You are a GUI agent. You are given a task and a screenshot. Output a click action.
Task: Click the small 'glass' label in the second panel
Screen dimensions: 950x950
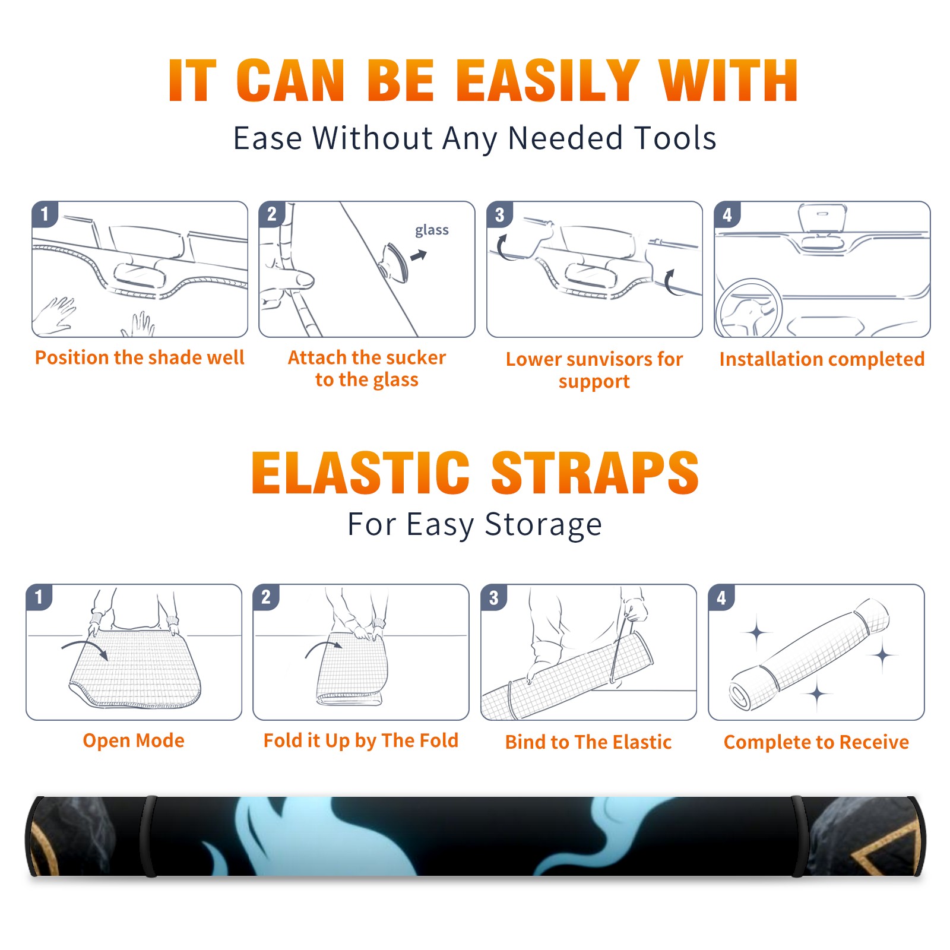point(432,230)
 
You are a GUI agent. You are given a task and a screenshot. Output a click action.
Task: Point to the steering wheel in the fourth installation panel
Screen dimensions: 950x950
point(749,309)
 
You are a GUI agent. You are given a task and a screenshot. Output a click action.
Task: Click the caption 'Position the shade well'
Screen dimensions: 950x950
point(140,357)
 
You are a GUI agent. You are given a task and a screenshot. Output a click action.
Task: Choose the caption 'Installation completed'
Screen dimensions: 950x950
point(822,359)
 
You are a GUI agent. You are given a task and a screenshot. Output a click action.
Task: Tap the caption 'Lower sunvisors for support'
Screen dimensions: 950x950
point(594,370)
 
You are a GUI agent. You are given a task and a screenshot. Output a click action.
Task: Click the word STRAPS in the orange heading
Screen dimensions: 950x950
point(595,473)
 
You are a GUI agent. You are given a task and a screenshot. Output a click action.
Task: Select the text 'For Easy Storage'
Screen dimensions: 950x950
point(475,524)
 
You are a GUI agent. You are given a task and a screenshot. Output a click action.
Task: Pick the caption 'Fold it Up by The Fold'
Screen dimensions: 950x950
point(361,740)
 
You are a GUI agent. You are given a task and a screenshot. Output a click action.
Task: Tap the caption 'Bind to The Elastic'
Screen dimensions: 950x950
point(588,742)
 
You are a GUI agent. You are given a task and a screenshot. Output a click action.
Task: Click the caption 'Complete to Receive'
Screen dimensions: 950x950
point(816,742)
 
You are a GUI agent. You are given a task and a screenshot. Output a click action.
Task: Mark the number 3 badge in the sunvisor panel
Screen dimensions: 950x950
point(499,215)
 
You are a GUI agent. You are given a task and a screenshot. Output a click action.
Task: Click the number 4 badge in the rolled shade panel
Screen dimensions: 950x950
point(721,597)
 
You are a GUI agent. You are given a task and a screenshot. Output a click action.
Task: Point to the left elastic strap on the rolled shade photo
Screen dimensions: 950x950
point(148,837)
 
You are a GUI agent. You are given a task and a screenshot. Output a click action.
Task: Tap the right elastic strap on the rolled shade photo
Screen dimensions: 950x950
point(799,837)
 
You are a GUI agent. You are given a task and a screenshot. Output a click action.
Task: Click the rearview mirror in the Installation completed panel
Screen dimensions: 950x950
point(822,218)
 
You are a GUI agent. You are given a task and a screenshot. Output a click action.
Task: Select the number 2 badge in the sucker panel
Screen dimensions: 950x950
point(272,214)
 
